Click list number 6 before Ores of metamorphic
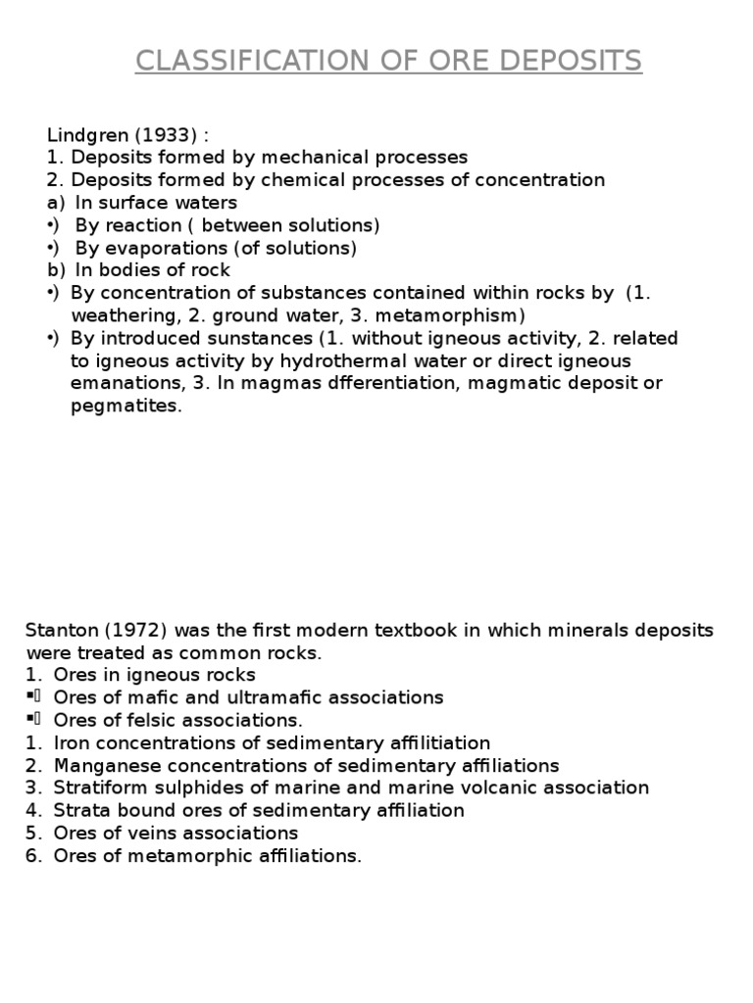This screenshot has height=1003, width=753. (x=32, y=855)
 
